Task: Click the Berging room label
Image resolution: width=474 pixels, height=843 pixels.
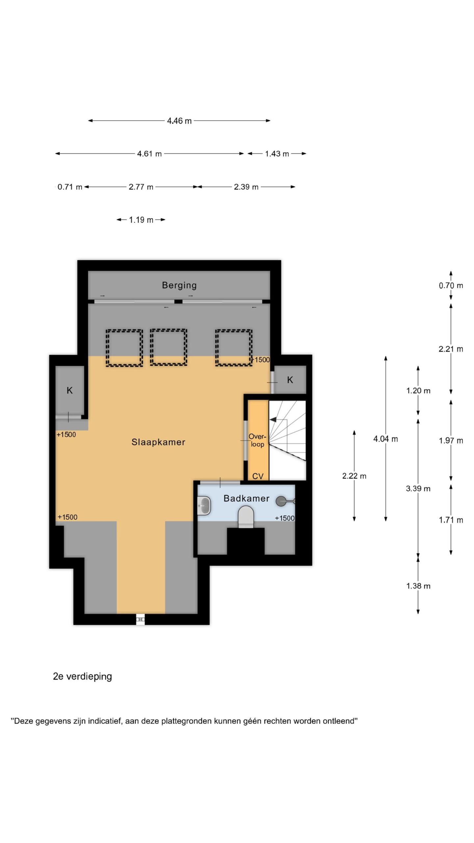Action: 179,285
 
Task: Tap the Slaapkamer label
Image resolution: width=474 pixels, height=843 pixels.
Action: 158,442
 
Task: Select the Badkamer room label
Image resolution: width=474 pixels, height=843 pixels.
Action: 247,498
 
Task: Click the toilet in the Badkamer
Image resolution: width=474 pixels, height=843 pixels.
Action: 246,516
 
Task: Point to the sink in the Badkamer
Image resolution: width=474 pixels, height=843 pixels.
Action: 204,505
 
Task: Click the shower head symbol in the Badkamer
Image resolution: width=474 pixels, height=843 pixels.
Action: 285,501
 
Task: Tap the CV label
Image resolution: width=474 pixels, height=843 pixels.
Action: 258,476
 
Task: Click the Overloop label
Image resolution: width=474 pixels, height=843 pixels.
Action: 257,440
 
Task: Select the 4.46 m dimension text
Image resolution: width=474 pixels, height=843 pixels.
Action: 179,121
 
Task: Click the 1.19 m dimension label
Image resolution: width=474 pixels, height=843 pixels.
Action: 141,220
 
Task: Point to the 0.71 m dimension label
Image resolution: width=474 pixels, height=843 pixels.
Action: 70,187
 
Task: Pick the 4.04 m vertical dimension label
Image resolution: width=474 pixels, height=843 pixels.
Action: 385,439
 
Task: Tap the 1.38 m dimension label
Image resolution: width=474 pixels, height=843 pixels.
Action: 418,586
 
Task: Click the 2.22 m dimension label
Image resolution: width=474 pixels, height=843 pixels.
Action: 354,476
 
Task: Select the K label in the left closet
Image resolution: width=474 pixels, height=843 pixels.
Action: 69,391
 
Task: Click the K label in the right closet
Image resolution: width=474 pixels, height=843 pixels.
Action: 290,380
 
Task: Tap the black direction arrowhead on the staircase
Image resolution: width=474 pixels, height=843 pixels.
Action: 273,420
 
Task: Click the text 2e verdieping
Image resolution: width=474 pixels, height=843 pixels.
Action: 82,677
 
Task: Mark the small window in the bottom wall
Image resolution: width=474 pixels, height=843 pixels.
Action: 141,619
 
